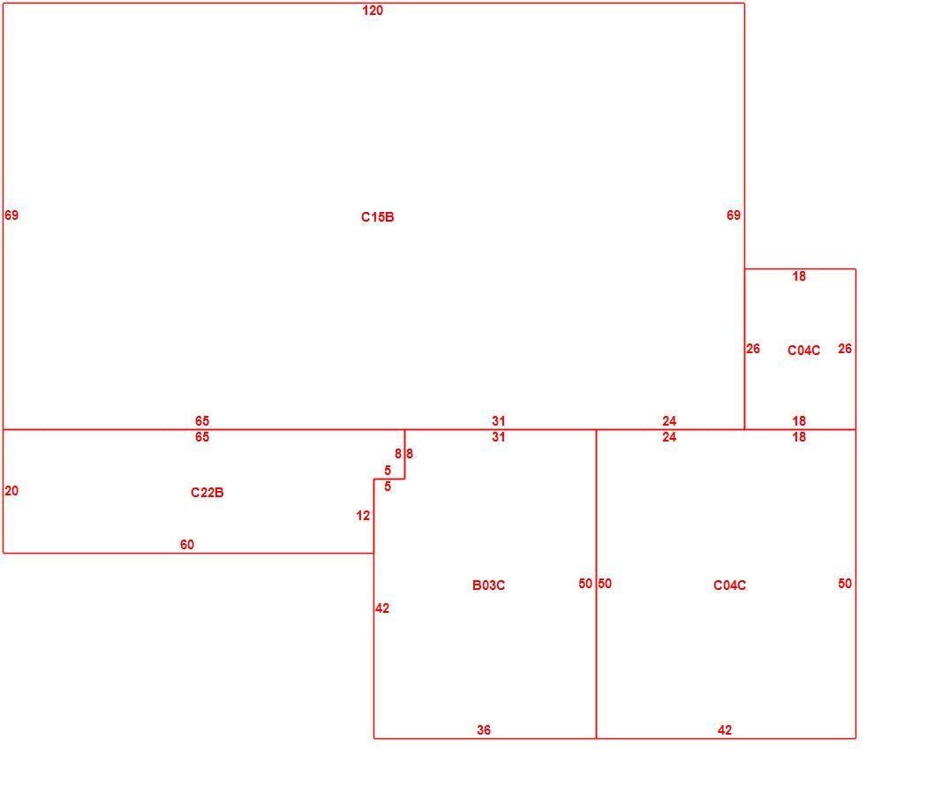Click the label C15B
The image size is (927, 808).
point(377,217)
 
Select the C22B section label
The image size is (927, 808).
point(207,492)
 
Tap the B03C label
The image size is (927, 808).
point(488,585)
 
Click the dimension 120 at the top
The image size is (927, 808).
point(373,10)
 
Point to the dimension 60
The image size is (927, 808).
point(187,544)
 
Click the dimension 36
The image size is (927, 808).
point(484,730)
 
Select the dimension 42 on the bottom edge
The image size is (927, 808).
point(725,730)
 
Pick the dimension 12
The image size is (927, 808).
point(363,516)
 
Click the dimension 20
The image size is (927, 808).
point(11,490)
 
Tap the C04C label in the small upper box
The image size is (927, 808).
point(803,351)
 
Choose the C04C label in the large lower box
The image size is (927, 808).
point(729,585)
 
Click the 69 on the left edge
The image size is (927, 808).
point(11,215)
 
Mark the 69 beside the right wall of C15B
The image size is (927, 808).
point(734,215)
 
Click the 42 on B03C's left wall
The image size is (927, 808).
point(382,608)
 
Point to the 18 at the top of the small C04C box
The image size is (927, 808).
point(799,276)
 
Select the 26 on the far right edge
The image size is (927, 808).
point(845,349)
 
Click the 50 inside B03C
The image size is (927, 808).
point(585,583)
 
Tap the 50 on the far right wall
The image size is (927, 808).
point(845,583)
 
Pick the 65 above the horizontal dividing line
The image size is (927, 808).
point(202,420)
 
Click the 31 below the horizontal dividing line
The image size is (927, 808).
point(499,437)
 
